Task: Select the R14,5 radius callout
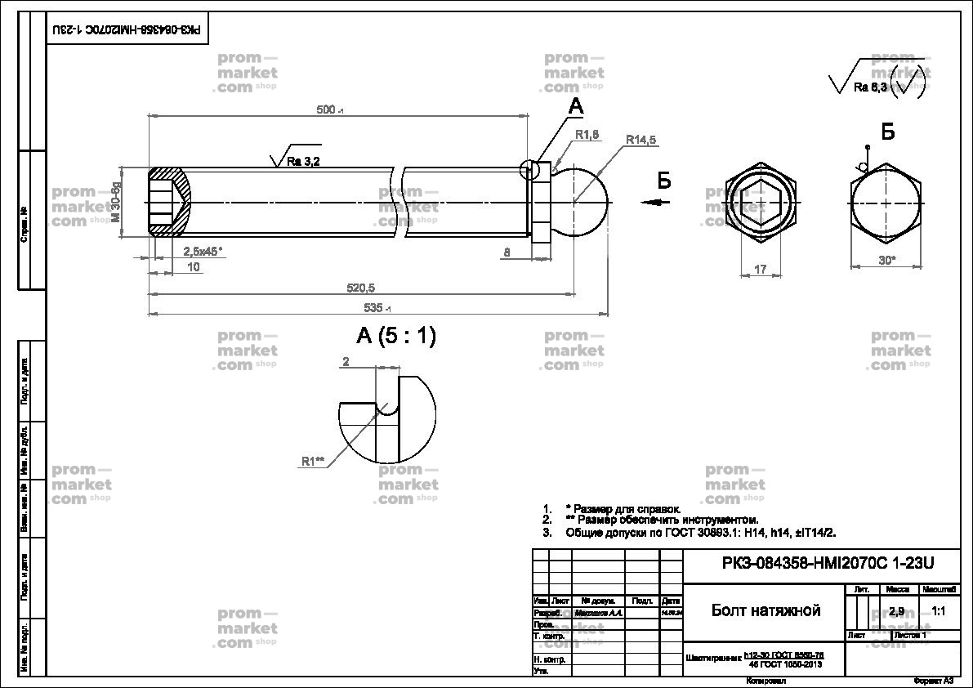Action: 641,140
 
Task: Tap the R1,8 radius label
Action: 587,135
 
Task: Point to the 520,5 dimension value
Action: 359,288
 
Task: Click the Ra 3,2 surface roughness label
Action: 303,162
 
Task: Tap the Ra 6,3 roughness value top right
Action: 870,87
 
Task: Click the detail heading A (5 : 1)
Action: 396,336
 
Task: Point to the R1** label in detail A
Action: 313,462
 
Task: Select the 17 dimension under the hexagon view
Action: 761,269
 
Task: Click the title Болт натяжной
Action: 765,611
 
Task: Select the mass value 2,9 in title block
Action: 896,611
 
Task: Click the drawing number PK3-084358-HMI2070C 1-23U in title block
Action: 828,563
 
